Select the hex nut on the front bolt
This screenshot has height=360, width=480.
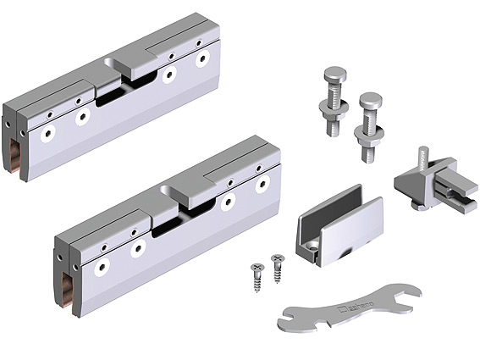click(370, 136)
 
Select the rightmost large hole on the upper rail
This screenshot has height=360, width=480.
click(201, 60)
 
